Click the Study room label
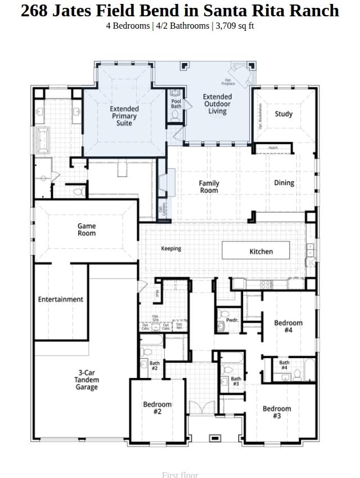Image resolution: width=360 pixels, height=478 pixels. point(283,114)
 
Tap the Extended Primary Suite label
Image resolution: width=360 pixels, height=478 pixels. point(124,116)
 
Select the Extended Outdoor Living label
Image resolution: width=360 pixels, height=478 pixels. point(217,104)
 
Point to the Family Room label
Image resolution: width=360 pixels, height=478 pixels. point(209,187)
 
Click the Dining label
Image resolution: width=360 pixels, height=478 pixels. point(284,183)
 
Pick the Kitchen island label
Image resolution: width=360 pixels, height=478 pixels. point(261,251)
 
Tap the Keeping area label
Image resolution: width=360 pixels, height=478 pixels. point(171,249)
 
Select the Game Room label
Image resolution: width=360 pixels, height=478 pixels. point(87,229)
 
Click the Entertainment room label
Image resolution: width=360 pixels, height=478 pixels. point(61,299)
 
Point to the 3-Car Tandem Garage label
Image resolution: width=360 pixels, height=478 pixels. point(87,380)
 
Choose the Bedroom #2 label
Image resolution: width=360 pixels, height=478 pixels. point(157,408)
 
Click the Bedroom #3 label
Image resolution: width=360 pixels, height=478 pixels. point(277,412)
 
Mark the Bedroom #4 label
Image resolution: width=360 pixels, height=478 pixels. point(288,326)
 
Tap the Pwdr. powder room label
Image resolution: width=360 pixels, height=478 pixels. point(232,320)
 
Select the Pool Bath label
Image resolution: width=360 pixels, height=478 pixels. point(176,103)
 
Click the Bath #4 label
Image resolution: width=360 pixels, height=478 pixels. point(284,366)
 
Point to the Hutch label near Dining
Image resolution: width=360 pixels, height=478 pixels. point(273,148)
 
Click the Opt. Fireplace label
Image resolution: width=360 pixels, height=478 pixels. point(229,82)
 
